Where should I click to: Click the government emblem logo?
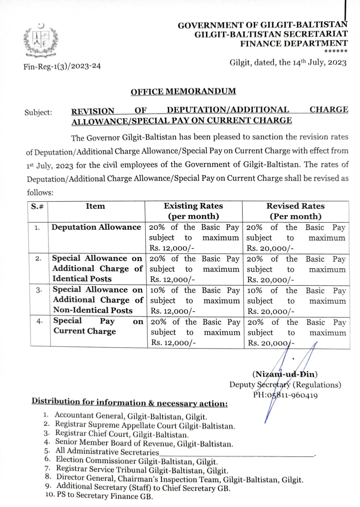[41, 41]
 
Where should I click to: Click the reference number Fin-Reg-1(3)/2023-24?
[62, 66]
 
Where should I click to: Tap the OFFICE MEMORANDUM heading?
[183, 91]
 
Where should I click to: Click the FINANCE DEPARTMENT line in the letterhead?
[294, 43]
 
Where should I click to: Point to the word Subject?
[38, 112]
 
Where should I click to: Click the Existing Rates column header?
[193, 211]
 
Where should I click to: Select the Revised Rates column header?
[295, 211]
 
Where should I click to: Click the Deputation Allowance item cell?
[96, 227]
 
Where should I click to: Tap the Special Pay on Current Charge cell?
[98, 326]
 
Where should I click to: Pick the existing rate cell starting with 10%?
[195, 300]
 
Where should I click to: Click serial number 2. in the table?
[38, 258]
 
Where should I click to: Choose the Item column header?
[95, 206]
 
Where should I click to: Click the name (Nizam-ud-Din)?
[285, 374]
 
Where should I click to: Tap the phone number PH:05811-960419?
[285, 395]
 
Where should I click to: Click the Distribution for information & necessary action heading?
[129, 402]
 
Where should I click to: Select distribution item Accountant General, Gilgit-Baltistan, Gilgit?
[131, 416]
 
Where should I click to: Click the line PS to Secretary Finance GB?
[105, 496]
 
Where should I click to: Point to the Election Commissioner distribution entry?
[136, 461]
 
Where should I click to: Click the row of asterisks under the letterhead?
[336, 51]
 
